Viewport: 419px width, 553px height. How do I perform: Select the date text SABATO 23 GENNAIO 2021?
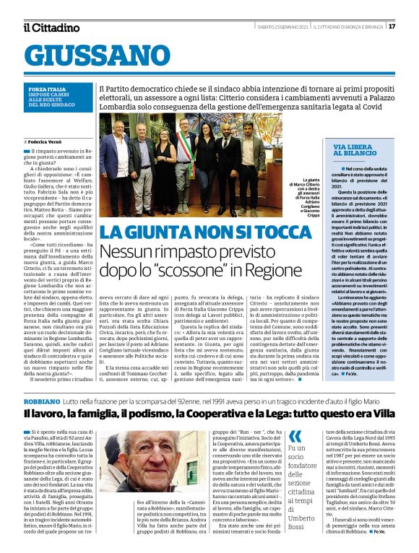[284, 27]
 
